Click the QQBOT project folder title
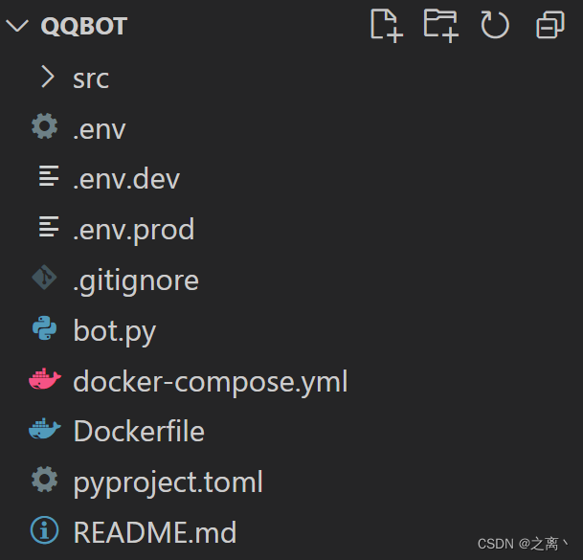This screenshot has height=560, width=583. pos(84,26)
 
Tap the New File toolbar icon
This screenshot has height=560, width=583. pos(386,25)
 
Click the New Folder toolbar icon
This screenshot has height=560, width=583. pos(440,25)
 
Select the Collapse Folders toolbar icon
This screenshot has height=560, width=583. pos(550,25)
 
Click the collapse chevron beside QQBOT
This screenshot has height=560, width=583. pos(17,26)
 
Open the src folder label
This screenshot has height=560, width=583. pos(91,78)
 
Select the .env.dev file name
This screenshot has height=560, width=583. pos(126,178)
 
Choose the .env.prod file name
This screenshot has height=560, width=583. pos(133,229)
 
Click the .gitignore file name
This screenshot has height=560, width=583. pos(136,280)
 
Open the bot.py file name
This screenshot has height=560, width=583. pos(114,331)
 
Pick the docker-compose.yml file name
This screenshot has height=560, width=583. pos(210,381)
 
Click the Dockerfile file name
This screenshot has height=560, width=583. pos(139,431)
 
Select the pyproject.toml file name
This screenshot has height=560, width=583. pos(168,482)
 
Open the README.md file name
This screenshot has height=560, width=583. pos(154,531)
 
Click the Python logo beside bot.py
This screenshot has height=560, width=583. pos(44,330)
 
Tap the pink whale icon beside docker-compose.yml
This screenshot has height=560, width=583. pos(44,381)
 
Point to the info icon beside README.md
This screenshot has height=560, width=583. pos(44,530)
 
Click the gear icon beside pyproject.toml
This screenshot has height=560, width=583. pos(44,480)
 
